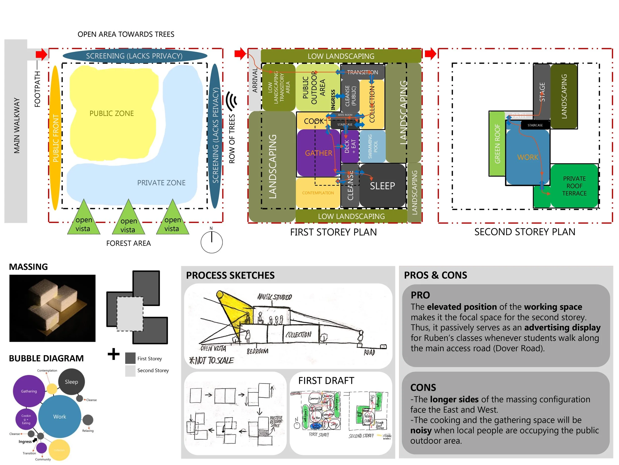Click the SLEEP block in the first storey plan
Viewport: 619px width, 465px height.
(382, 186)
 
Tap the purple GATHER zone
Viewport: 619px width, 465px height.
(318, 153)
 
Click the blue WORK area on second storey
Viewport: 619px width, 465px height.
(527, 157)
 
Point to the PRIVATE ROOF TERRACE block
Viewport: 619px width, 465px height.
(574, 186)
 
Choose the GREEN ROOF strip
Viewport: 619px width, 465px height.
(497, 144)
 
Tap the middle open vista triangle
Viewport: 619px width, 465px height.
(129, 219)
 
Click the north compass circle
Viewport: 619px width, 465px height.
(211, 242)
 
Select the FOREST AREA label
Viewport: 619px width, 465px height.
(129, 243)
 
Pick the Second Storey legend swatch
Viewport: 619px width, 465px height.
(130, 371)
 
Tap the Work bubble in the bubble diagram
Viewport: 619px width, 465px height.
(60, 416)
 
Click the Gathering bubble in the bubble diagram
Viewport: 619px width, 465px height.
(29, 391)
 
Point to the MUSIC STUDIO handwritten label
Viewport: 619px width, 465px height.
(275, 297)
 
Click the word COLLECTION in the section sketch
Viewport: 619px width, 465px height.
(298, 334)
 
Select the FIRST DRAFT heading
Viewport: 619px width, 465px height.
(326, 381)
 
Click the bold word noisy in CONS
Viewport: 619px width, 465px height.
(421, 430)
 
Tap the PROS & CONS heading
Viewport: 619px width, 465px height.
(436, 275)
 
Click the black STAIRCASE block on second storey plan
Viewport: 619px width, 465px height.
(535, 125)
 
